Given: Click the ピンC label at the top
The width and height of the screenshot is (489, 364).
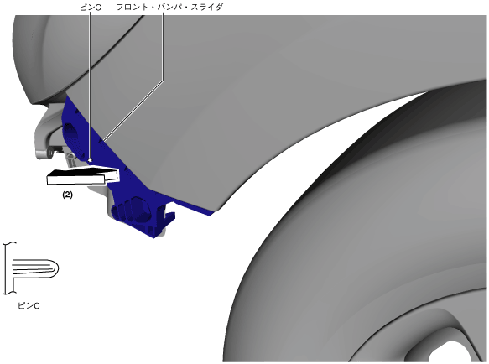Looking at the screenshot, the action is (x=90, y=8).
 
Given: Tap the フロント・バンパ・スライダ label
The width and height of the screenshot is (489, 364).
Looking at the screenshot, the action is (x=169, y=7).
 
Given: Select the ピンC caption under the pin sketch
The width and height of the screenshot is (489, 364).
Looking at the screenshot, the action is (x=29, y=305).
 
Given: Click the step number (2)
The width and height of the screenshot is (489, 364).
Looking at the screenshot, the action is (x=67, y=195).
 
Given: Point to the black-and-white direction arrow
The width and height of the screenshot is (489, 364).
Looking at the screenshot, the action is (x=83, y=176).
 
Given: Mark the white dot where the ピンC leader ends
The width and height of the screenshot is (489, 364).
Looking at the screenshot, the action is (x=90, y=160).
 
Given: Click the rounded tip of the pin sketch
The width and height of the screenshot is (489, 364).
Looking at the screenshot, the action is (x=55, y=268).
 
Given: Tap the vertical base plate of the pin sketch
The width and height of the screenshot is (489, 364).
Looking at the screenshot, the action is (x=9, y=268).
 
